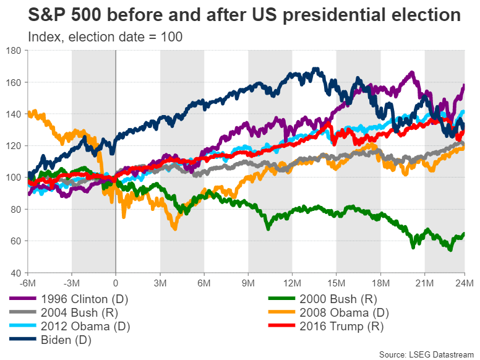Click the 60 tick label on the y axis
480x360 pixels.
[x=17, y=241]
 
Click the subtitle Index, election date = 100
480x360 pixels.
[x=105, y=37]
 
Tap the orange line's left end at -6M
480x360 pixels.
[x=29, y=114]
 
